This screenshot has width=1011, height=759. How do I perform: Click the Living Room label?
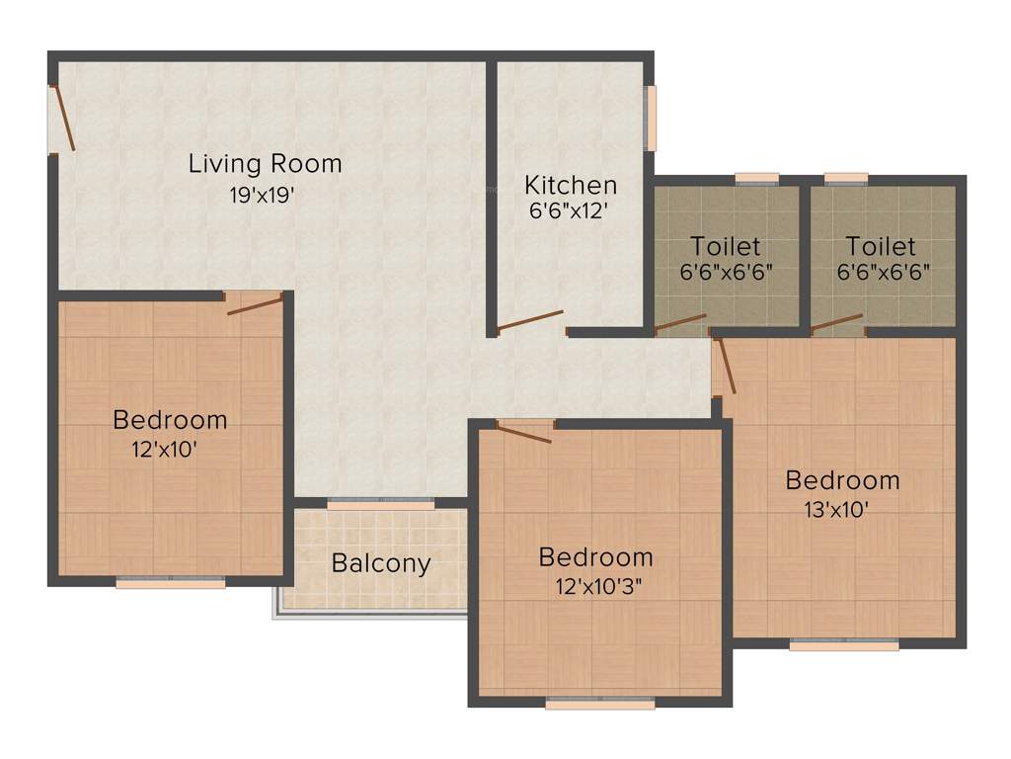coord(265,163)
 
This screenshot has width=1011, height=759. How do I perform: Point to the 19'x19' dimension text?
coord(263,195)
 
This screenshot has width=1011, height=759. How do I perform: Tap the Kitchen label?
coord(571,185)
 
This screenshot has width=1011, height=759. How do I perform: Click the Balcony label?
coord(381,563)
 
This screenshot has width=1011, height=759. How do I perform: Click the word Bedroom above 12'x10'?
coord(170,419)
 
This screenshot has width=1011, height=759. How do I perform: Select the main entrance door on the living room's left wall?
coord(62,119)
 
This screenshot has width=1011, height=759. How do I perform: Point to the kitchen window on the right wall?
coord(651,119)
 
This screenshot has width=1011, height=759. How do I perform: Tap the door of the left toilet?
coord(680,323)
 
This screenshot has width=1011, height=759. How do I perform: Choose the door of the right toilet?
coord(836,322)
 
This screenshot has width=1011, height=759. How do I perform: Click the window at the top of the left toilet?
coord(757,179)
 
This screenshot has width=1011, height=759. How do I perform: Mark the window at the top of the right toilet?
coord(846,179)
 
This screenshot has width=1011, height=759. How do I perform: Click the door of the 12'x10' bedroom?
coord(255,303)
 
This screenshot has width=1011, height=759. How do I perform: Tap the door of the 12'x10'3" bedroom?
coord(524,432)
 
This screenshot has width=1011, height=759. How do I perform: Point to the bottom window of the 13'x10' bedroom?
coord(844,645)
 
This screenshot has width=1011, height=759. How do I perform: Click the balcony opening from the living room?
coord(381,505)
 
